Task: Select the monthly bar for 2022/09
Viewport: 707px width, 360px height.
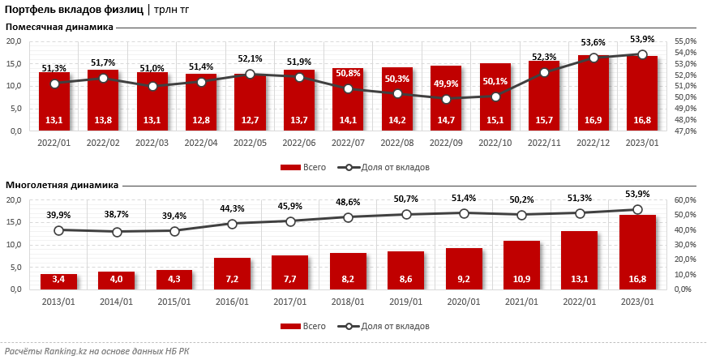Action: pyautogui.click(x=446, y=97)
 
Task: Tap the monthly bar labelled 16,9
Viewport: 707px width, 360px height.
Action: pyautogui.click(x=593, y=93)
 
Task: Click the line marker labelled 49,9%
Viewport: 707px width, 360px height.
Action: pyautogui.click(x=446, y=99)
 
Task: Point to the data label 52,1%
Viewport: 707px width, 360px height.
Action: pyautogui.click(x=250, y=59)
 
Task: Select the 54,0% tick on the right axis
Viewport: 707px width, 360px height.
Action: pyautogui.click(x=685, y=52)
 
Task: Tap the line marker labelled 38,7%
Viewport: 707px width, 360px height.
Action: pyautogui.click(x=117, y=232)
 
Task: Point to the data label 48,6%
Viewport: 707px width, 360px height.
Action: pyautogui.click(x=348, y=201)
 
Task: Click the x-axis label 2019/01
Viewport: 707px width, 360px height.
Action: pyautogui.click(x=405, y=302)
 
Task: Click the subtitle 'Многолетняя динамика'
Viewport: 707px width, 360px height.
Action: pyautogui.click(x=62, y=185)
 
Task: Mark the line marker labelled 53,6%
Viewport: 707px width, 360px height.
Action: pyautogui.click(x=593, y=58)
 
